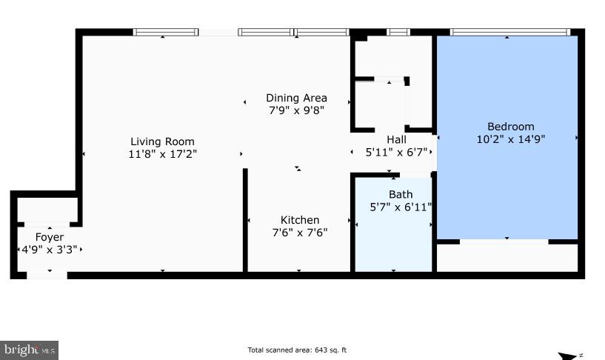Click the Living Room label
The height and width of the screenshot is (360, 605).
pyautogui.click(x=162, y=141)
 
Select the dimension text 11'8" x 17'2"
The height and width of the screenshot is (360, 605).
pyautogui.click(x=162, y=154)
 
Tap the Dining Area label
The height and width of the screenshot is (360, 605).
pyautogui.click(x=296, y=98)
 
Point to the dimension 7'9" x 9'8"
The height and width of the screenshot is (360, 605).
pyautogui.click(x=296, y=110)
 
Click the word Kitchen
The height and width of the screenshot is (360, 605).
pyautogui.click(x=300, y=220)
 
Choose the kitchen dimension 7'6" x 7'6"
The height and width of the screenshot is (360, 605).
pyautogui.click(x=300, y=232)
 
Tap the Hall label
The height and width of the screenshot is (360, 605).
pyautogui.click(x=396, y=139)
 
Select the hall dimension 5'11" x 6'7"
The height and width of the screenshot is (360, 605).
pyautogui.click(x=396, y=153)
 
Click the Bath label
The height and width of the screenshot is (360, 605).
pyautogui.click(x=401, y=195)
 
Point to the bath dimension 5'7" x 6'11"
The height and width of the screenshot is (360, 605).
pyautogui.click(x=401, y=207)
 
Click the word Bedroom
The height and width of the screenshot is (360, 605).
pyautogui.click(x=510, y=126)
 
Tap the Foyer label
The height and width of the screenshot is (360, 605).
pyautogui.click(x=50, y=237)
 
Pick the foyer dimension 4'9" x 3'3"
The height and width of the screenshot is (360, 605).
pyautogui.click(x=50, y=250)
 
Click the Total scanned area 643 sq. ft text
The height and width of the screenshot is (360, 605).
pyautogui.click(x=297, y=350)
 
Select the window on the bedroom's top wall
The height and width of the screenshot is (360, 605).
pyautogui.click(x=509, y=32)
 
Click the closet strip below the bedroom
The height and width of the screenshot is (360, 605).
pyautogui.click(x=507, y=258)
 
